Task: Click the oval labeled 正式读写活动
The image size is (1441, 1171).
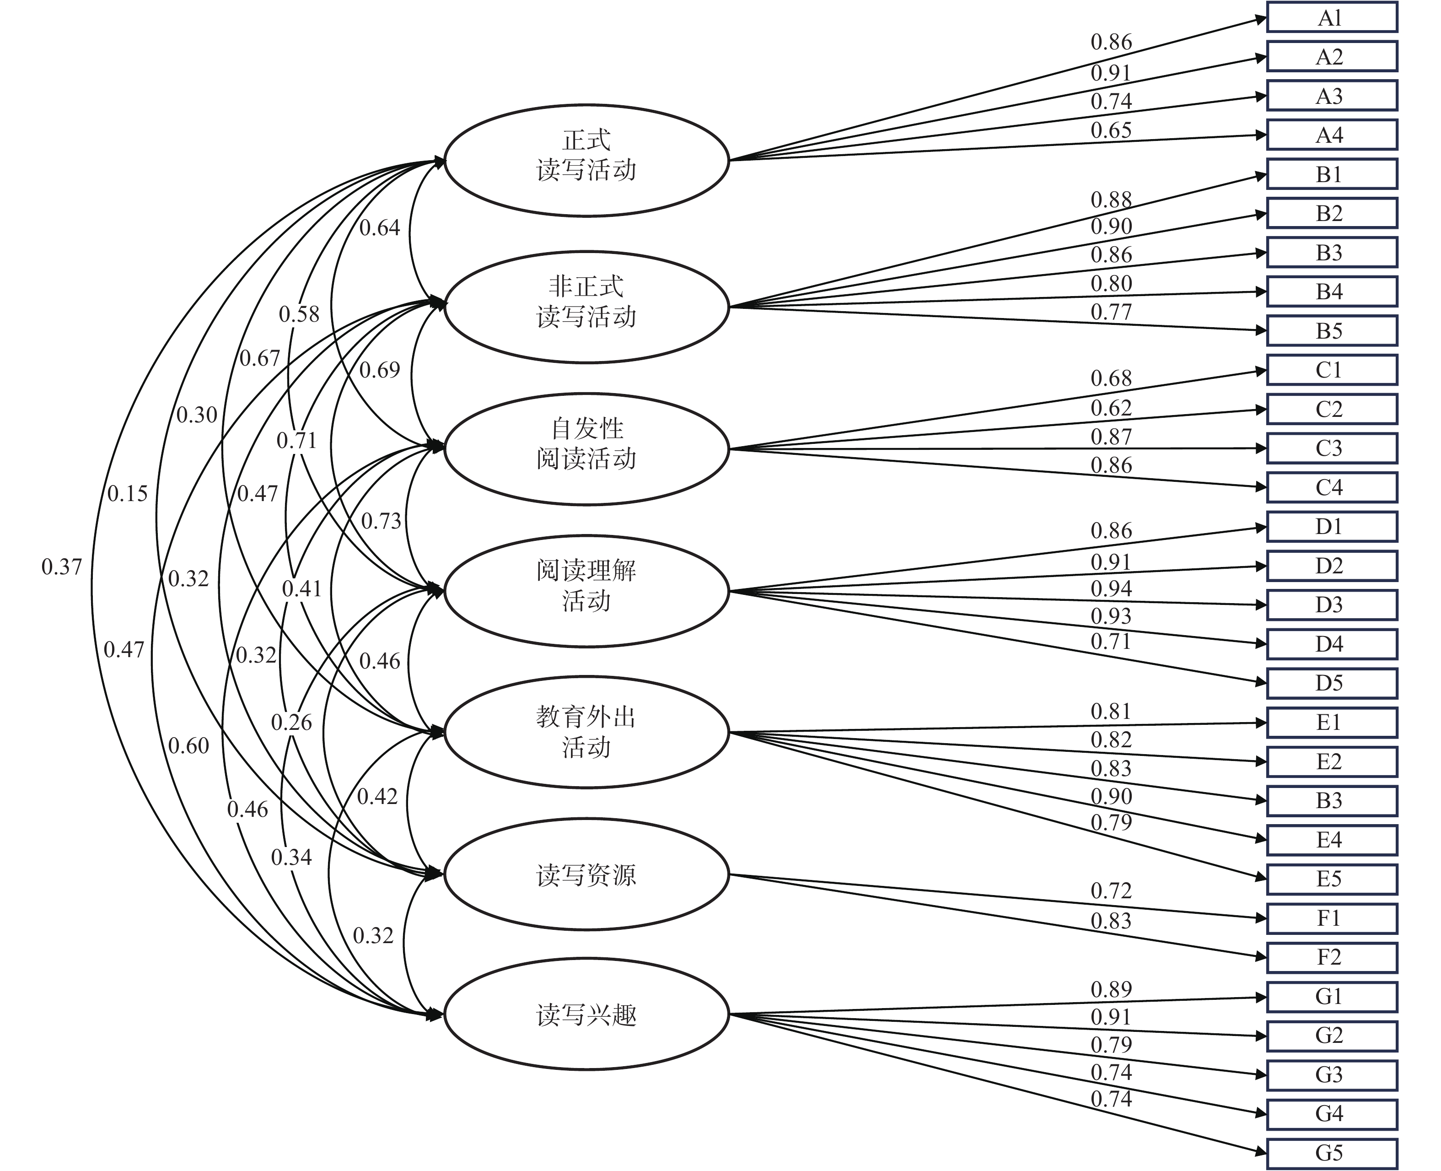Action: (586, 161)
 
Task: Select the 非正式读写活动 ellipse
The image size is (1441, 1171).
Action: (586, 307)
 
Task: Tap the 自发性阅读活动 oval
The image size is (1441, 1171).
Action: (586, 448)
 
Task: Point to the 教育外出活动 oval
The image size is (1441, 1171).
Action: (586, 732)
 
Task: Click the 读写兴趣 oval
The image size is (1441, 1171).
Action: (586, 1014)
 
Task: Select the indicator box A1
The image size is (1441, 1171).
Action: (1331, 17)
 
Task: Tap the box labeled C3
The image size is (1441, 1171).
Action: (1331, 448)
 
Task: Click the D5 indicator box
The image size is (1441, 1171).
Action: (1331, 683)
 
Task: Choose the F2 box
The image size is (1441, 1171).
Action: (1331, 956)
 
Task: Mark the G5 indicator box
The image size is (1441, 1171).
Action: (1331, 1152)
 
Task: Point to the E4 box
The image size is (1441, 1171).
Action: (1331, 839)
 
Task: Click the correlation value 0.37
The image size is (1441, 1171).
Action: (61, 567)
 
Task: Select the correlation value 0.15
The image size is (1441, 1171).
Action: (128, 493)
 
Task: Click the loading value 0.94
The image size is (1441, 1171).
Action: (1111, 588)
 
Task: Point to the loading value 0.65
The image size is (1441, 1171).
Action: (1111, 130)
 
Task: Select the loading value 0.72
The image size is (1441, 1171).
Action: (1111, 890)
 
